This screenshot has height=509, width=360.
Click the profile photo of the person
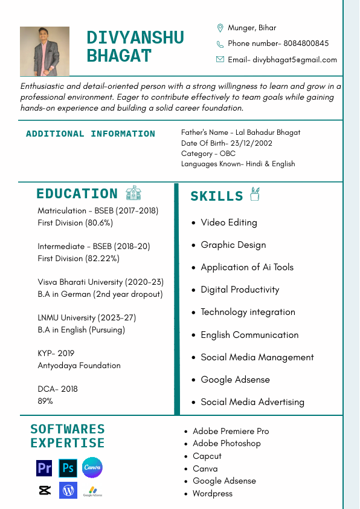click(x=45, y=51)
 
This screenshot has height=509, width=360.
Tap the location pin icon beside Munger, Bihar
click(x=220, y=28)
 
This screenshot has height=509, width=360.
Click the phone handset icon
click(x=220, y=44)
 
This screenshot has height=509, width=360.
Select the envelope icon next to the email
click(x=220, y=59)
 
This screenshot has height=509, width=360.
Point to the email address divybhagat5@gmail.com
click(x=295, y=60)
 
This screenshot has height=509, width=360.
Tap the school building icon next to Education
click(x=133, y=193)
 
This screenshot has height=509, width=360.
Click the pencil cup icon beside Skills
click(x=255, y=194)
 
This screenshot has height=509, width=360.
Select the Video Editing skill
click(x=229, y=222)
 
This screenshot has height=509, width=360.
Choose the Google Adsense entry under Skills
click(x=235, y=380)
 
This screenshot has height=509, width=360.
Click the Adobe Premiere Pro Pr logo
click(x=44, y=468)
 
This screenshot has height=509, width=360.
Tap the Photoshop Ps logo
click(x=68, y=468)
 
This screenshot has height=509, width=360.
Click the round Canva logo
click(x=92, y=467)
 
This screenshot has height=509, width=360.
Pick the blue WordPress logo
click(x=68, y=490)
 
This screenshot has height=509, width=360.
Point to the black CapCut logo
click(x=44, y=490)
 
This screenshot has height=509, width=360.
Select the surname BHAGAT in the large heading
click(x=119, y=56)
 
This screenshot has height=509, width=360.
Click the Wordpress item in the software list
click(x=212, y=493)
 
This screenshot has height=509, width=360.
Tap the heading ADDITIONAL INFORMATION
click(x=91, y=134)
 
